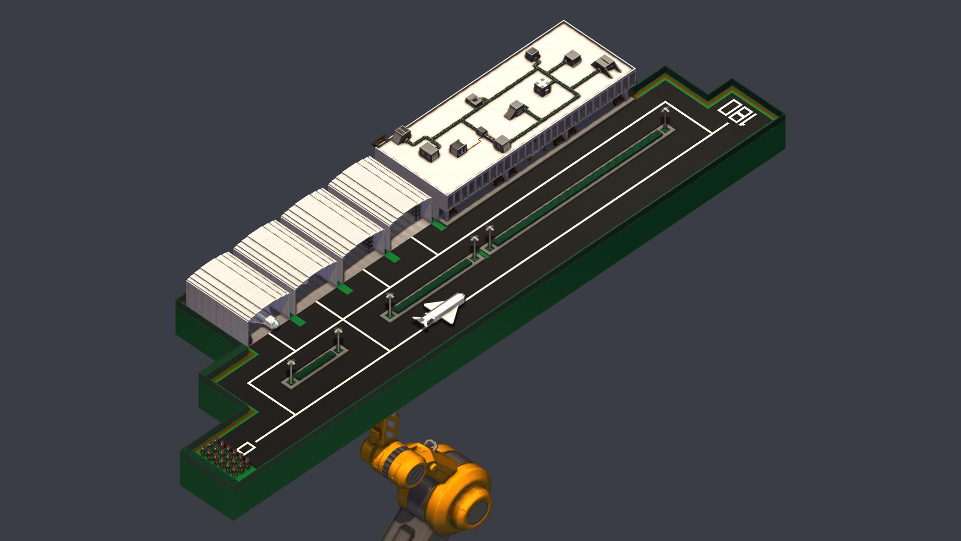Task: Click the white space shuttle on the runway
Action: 439,311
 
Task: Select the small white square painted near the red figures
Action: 245,448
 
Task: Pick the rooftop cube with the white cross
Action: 543,87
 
